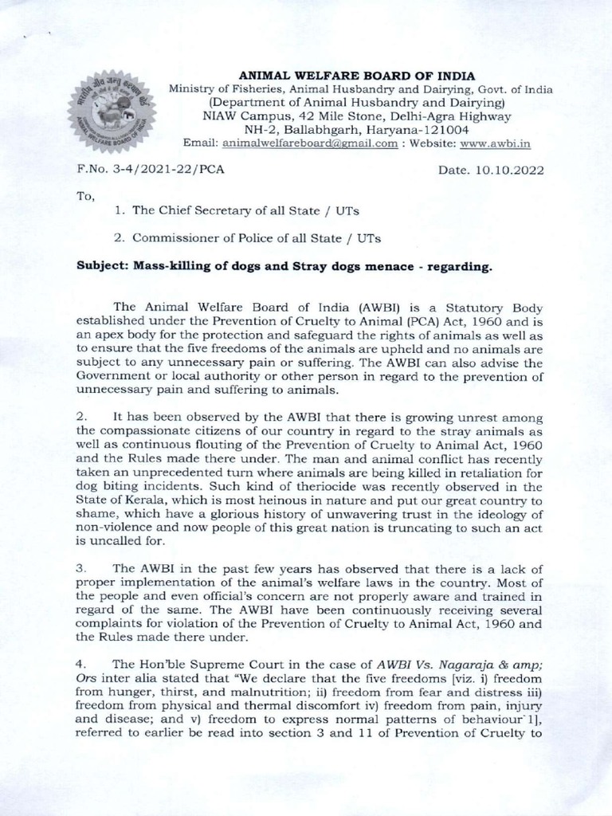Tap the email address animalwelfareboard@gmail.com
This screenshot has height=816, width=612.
coord(310,143)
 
